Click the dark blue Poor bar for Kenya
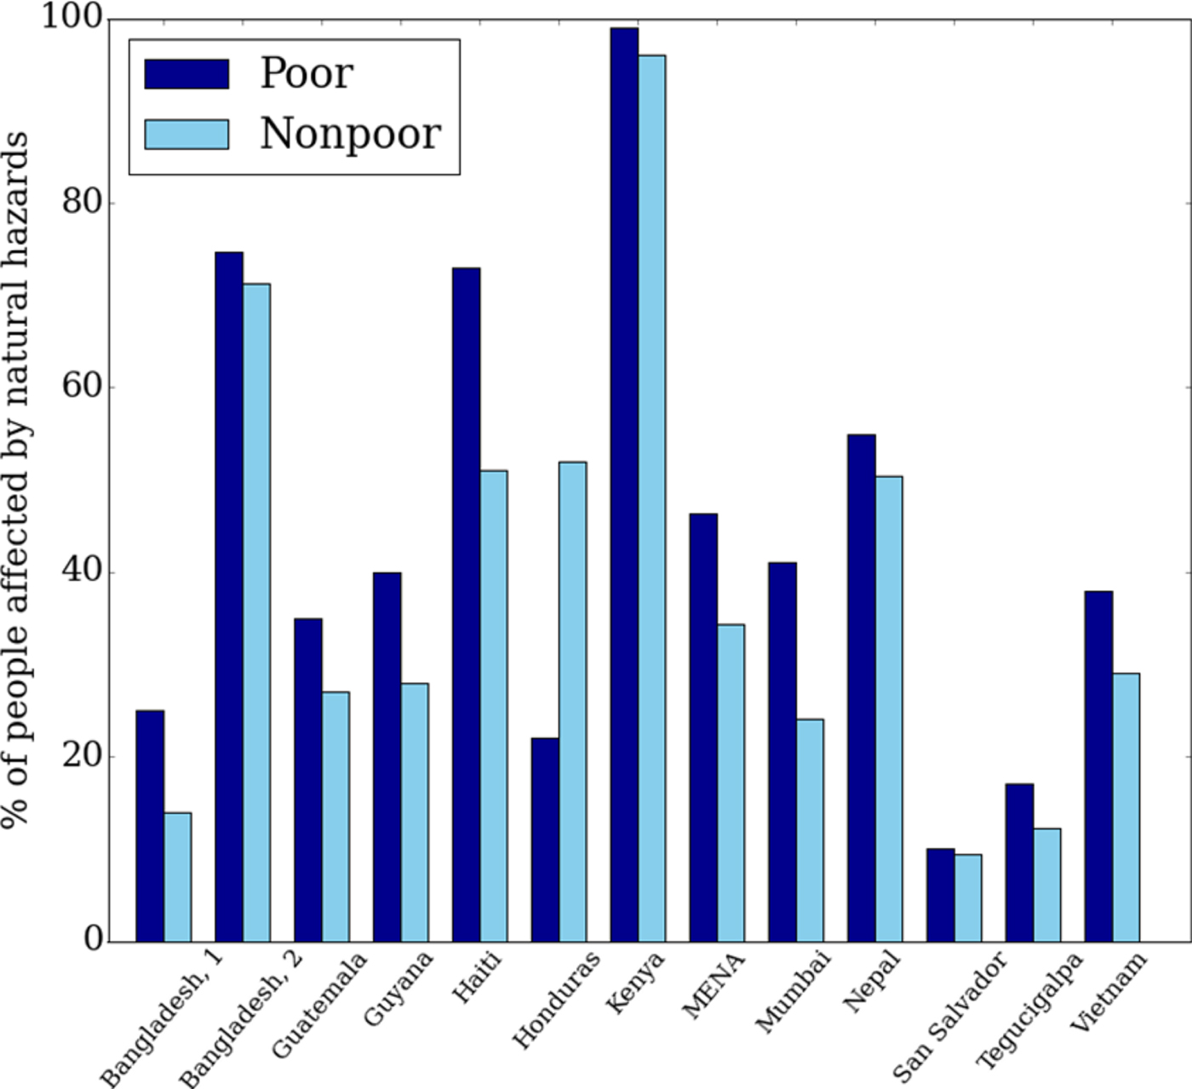coord(624,485)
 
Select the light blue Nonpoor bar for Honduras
coord(572,702)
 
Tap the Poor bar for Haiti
coord(466,605)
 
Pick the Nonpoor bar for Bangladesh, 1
coord(177,877)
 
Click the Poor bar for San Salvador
coord(940,895)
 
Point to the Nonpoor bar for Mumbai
coord(810,830)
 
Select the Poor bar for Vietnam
coord(1098,766)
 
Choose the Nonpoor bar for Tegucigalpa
coord(1046,885)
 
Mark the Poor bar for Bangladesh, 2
coord(229,596)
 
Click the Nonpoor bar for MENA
coord(731,782)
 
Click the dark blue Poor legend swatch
coord(186,74)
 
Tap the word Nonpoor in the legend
coord(350,134)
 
